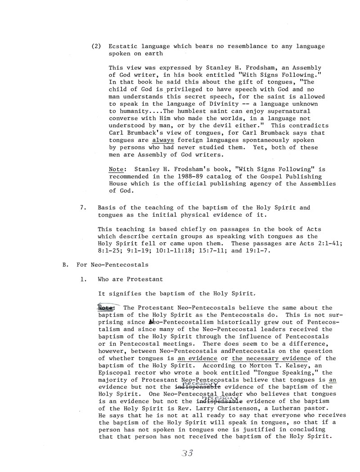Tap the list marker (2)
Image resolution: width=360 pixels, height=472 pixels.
coord(95,46)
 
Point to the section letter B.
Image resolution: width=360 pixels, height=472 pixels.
coord(64,265)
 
